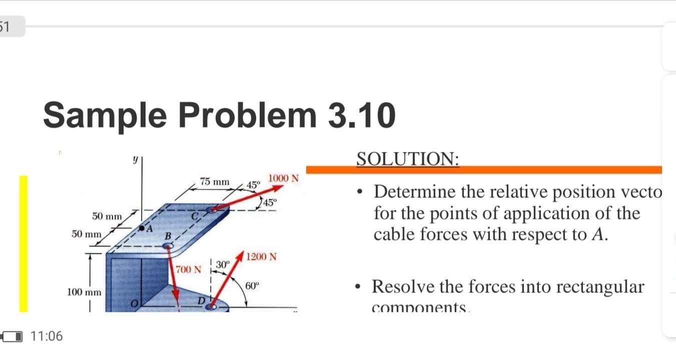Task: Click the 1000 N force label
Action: [284, 178]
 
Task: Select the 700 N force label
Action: [188, 270]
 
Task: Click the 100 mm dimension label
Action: [85, 291]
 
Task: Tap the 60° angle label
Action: [253, 286]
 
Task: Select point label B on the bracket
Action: [169, 236]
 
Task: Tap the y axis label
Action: [135, 159]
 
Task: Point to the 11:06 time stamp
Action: [47, 336]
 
